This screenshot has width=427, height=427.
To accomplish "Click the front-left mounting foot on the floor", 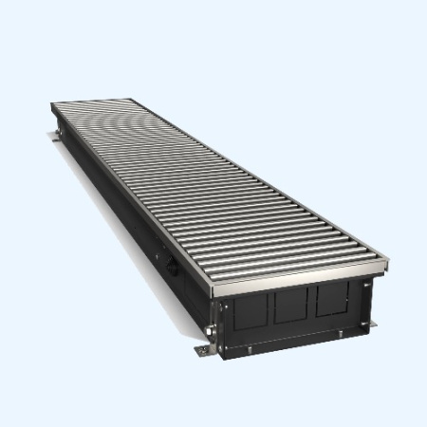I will tap(204, 352).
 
